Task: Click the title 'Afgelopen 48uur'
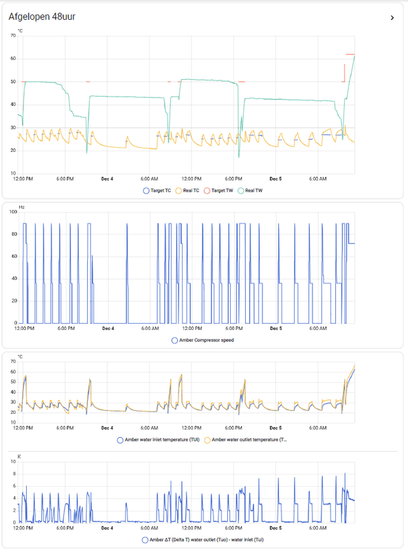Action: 42,16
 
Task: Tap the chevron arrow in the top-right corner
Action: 392,17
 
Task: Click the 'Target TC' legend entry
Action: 159,190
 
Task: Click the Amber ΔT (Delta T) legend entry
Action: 206,539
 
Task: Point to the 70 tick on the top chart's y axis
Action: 13,36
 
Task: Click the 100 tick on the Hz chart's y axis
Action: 12,212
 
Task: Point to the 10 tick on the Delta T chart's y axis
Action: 13,462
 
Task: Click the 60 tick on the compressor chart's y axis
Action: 13,256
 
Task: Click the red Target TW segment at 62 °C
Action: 350,54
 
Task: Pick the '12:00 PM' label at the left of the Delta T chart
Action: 23,528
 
